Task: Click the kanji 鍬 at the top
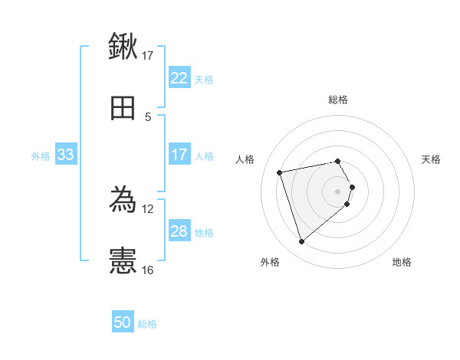click(x=123, y=47)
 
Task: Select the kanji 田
click(x=123, y=109)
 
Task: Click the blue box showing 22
click(x=179, y=78)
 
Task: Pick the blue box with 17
click(x=179, y=155)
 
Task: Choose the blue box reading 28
click(x=179, y=231)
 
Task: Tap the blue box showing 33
click(x=66, y=155)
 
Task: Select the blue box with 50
click(x=123, y=322)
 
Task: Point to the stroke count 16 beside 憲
click(x=147, y=270)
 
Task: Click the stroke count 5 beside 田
click(x=148, y=116)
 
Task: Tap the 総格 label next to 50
click(x=147, y=324)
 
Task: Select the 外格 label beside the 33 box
click(x=41, y=155)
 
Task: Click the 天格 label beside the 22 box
click(x=204, y=79)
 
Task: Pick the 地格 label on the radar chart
click(x=402, y=262)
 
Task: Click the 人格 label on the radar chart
click(x=245, y=159)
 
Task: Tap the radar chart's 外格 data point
click(x=302, y=242)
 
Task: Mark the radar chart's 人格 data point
click(x=280, y=172)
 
